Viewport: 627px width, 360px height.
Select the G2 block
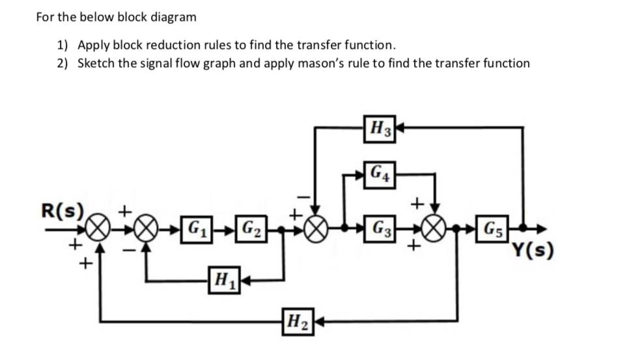pos(249,230)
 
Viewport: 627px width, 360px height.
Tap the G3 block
pos(378,230)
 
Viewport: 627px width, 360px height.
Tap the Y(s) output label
pos(532,249)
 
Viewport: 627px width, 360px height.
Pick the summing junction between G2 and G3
pos(316,230)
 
